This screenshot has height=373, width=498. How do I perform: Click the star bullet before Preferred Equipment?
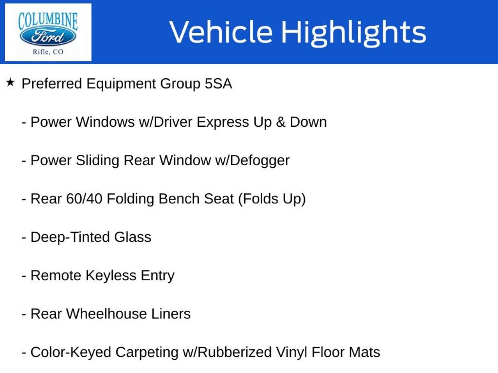[10, 82]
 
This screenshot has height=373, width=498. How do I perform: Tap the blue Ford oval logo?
[48, 36]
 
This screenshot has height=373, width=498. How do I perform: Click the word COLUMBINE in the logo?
[48, 21]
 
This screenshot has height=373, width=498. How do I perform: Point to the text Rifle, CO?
[48, 52]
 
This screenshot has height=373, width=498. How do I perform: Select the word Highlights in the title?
[354, 33]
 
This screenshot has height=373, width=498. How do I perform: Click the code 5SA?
[218, 83]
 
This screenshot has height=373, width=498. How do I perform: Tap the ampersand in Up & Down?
[281, 122]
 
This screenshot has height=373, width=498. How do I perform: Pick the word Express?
[222, 123]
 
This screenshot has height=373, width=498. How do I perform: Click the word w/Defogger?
[252, 161]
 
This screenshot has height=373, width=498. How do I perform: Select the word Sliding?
[97, 161]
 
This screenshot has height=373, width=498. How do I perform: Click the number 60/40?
[84, 199]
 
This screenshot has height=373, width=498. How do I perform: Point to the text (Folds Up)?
[272, 199]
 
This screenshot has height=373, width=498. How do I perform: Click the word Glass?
[133, 237]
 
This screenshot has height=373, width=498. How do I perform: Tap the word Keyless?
[111, 276]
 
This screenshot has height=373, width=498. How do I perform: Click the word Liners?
[171, 314]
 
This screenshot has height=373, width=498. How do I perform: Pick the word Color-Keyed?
[71, 353]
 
